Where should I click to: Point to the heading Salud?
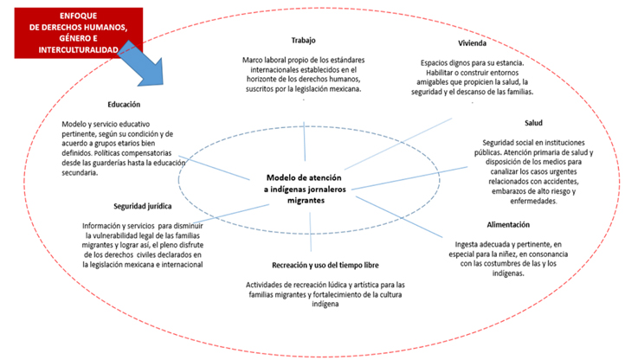533,124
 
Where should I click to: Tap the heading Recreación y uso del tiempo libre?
312,266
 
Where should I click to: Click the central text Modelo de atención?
306,176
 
